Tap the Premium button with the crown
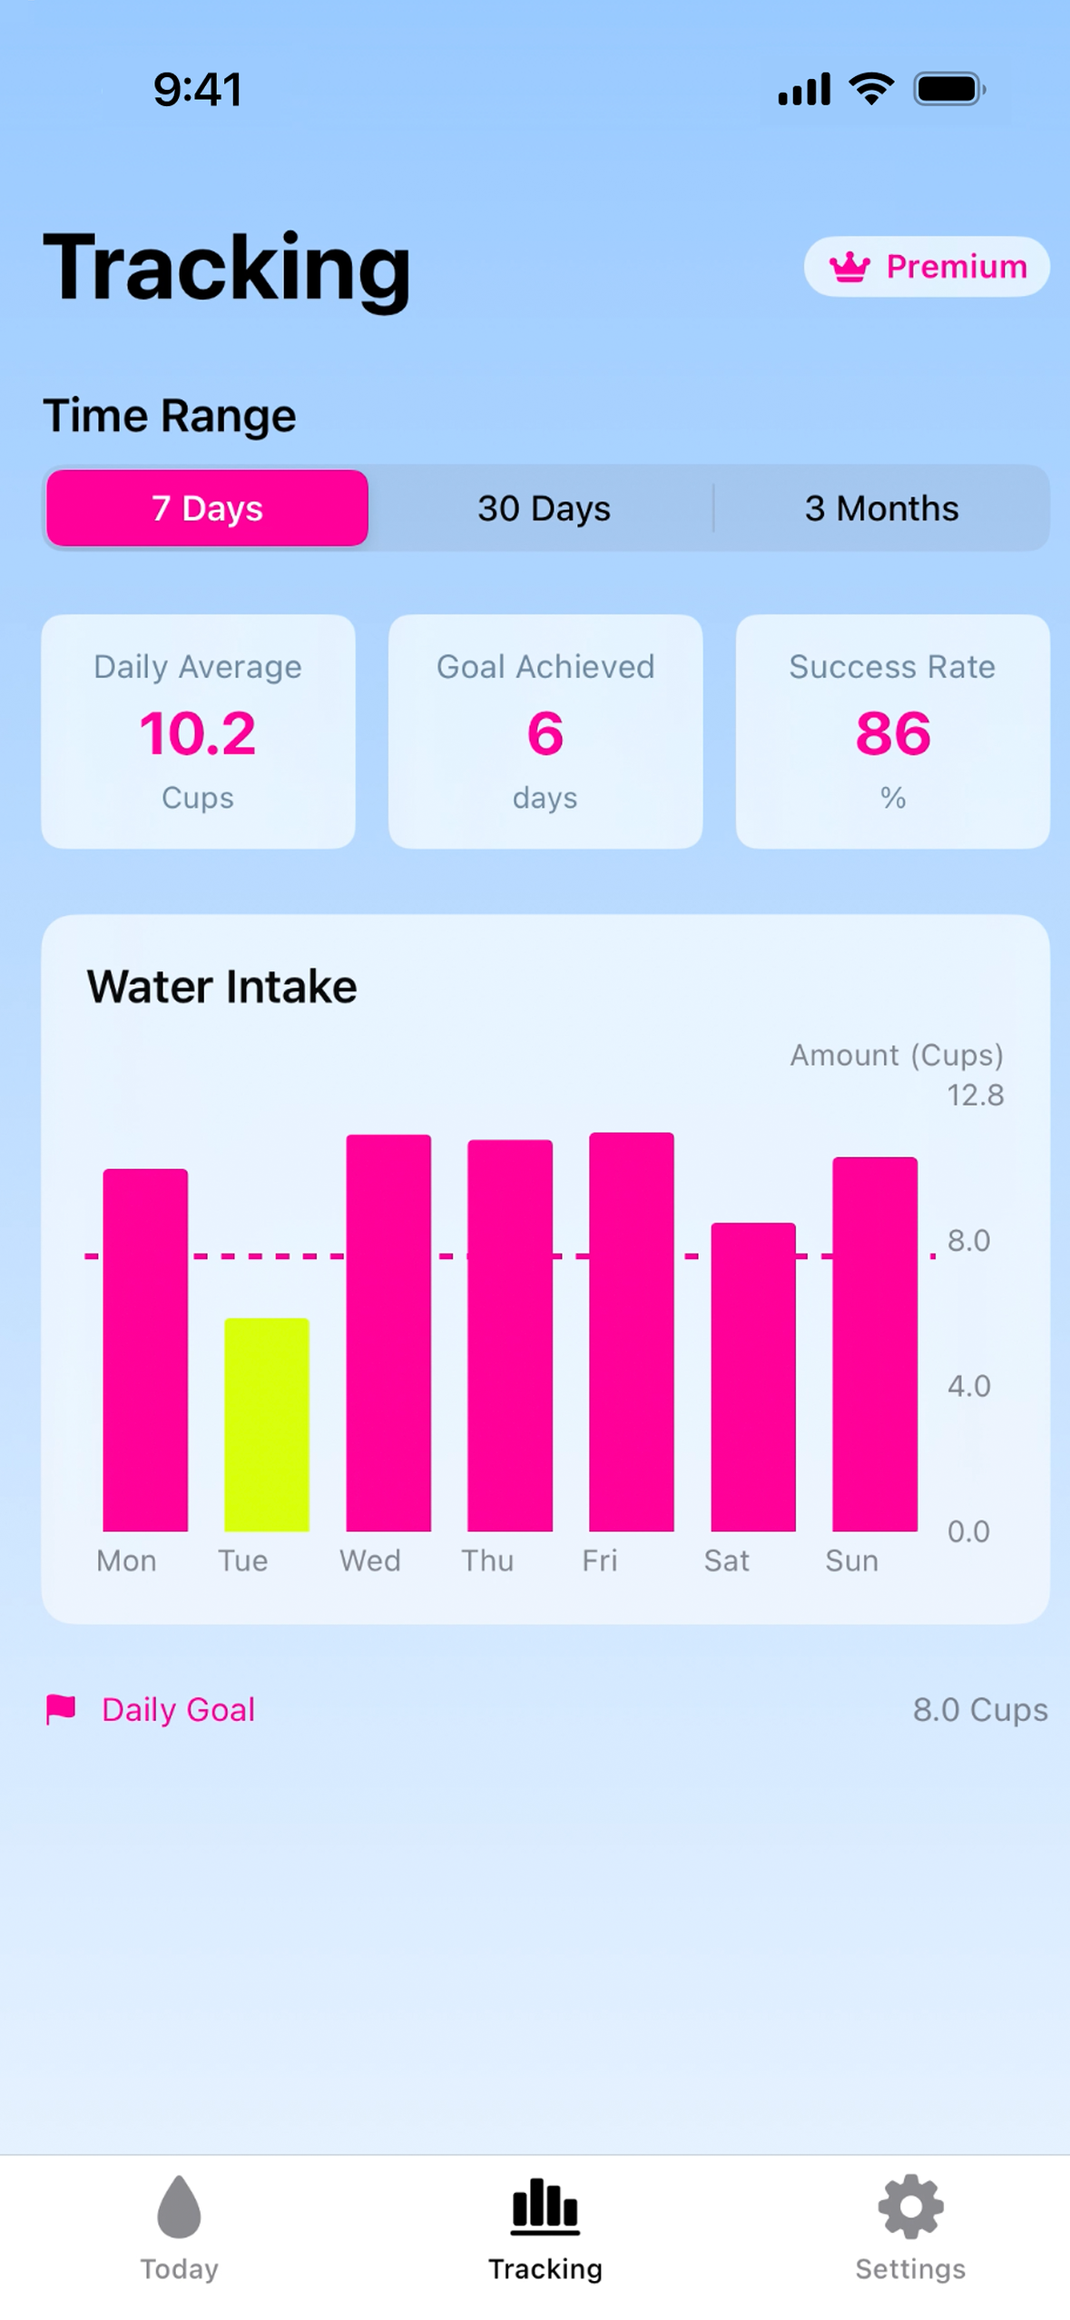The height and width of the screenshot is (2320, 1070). point(926,266)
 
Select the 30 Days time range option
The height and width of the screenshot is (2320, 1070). point(544,508)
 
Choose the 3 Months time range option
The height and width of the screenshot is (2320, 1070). point(880,508)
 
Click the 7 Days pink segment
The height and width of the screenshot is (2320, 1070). point(207,508)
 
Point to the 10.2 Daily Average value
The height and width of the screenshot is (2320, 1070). point(198,733)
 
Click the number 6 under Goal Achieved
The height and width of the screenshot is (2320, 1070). point(545,733)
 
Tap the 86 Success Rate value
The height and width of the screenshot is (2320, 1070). point(892,733)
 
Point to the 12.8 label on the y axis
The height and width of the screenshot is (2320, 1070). point(975,1096)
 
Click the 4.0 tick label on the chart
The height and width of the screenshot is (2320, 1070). point(968,1386)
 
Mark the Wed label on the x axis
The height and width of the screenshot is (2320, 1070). point(369,1560)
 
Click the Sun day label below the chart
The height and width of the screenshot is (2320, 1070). point(851,1560)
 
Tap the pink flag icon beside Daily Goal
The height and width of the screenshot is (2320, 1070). point(61,1708)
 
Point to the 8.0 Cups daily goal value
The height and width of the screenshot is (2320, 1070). point(979,1709)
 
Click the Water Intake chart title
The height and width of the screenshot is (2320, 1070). point(222,987)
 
